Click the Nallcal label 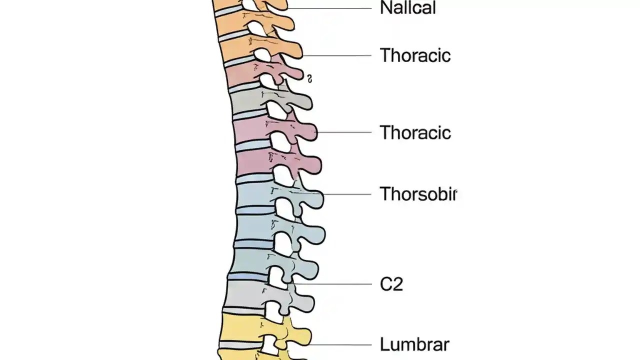pos(407,8)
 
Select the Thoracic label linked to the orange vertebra pos(415,55)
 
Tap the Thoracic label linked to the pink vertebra pos(415,132)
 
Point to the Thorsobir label pos(418,194)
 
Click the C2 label pos(391,284)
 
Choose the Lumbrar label pos(414,344)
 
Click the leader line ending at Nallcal pos(330,8)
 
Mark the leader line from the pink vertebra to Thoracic pos(345,132)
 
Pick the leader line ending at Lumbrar pos(340,344)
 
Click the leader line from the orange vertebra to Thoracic pos(337,55)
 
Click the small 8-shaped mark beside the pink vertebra pos(310,78)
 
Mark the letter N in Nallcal pos(385,8)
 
